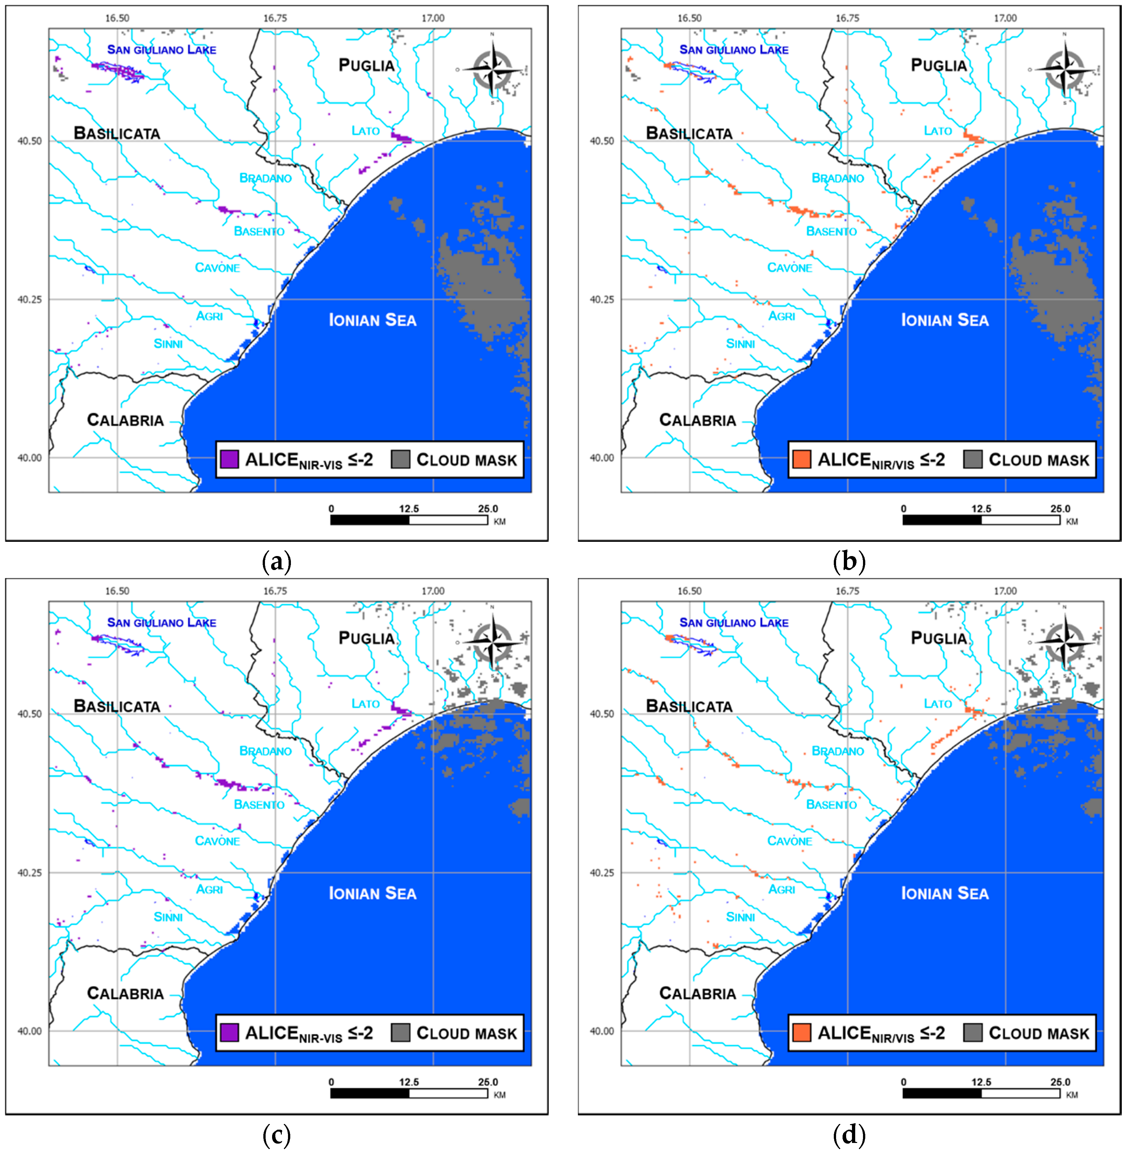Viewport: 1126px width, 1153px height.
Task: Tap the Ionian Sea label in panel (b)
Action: (944, 321)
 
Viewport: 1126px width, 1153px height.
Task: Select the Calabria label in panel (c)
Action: (126, 993)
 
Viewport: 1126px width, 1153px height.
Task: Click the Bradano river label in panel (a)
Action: (266, 178)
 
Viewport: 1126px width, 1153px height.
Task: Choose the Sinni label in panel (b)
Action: (740, 344)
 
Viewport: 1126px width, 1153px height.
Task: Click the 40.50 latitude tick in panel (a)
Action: (30, 141)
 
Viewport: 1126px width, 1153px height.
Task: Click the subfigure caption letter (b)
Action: (849, 561)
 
